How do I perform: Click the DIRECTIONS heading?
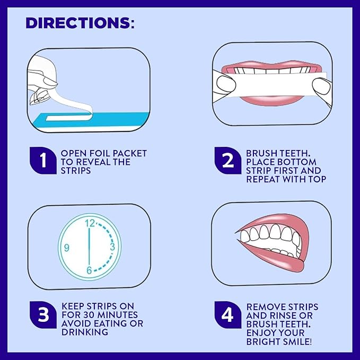tap(80, 23)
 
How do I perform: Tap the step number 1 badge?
tap(43, 160)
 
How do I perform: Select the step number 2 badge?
tap(228, 160)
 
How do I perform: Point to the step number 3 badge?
tap(43, 314)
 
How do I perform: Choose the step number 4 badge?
tap(228, 315)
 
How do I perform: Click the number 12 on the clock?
tap(90, 223)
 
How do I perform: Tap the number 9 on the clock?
tap(67, 248)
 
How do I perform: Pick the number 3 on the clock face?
tap(112, 247)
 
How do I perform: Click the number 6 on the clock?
tap(89, 270)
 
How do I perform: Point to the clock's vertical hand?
tap(89, 247)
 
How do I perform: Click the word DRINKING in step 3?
tap(85, 332)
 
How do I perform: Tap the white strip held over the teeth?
tap(276, 84)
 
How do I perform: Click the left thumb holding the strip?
tap(226, 84)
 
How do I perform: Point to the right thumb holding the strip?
tap(321, 87)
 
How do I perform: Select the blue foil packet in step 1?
tap(92, 120)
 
